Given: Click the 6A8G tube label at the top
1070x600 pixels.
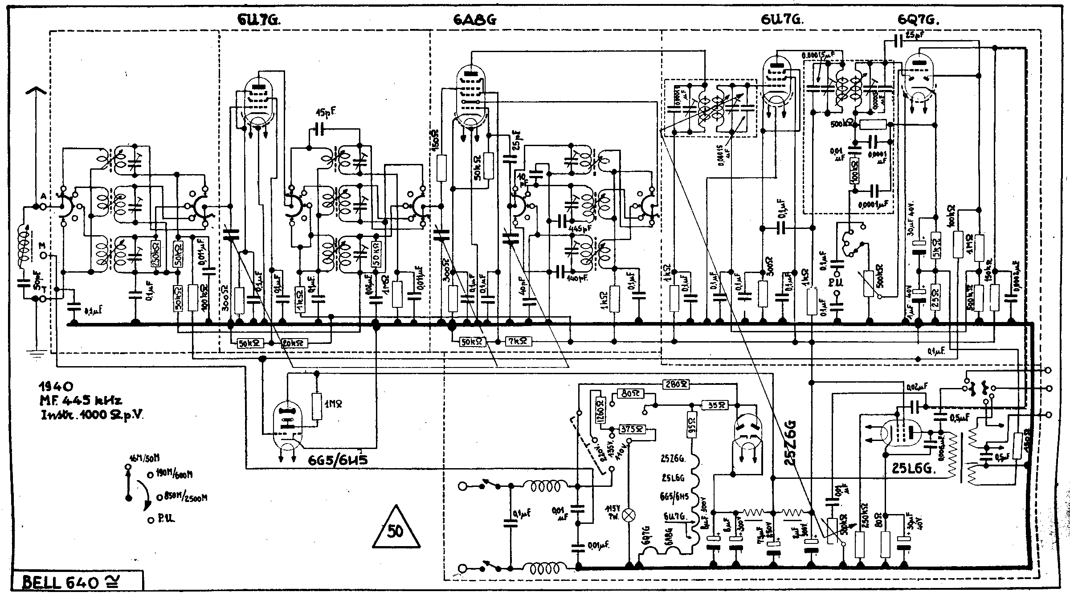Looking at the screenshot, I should pos(475,20).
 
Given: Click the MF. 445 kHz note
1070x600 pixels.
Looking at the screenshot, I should pos(80,401).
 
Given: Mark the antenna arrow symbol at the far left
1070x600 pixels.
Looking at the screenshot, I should pos(37,94).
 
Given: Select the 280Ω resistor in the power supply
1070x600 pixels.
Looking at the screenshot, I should pos(676,384).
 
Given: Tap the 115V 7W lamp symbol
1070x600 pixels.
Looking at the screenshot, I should pos(629,515).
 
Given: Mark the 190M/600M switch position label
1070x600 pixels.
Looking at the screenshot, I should pos(174,475).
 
